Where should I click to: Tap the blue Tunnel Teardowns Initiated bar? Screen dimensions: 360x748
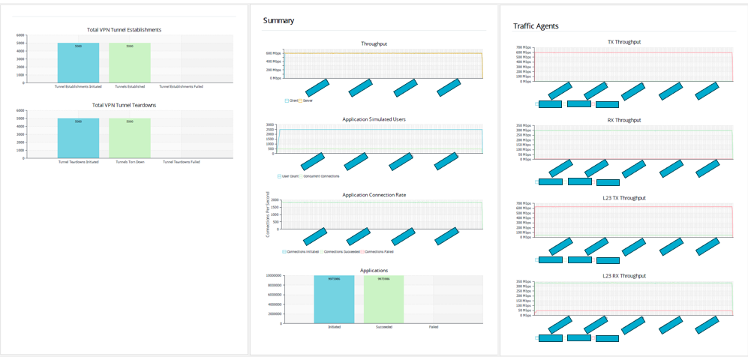78,138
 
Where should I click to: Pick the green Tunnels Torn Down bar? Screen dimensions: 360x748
130,138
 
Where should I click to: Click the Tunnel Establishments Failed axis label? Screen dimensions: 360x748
181,86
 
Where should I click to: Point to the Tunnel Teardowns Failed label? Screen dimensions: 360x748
181,161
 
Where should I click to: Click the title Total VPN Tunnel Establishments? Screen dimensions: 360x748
125,30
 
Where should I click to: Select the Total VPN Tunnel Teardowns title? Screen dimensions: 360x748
125,105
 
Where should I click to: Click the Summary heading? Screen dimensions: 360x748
278,20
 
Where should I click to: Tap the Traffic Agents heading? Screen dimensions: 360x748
536,25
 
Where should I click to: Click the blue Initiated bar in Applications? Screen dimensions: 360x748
334,299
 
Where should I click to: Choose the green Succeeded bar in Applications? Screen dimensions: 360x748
383,299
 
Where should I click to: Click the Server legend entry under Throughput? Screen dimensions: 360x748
307,100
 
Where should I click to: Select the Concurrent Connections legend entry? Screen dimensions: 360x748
321,176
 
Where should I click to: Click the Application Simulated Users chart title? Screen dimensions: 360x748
374,119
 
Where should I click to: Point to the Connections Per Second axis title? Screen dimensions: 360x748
268,214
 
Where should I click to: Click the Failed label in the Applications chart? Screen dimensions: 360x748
434,327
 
